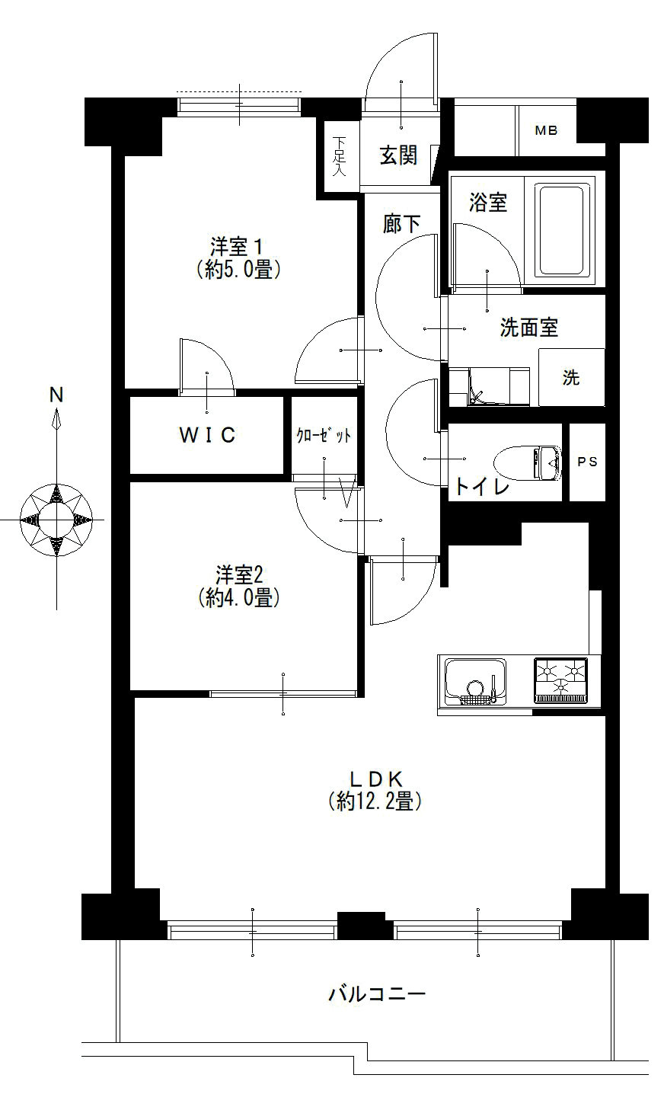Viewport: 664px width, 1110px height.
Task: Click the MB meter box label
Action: (x=546, y=130)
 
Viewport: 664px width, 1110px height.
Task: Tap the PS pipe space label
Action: (x=588, y=462)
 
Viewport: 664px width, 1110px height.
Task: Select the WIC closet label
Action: (x=207, y=434)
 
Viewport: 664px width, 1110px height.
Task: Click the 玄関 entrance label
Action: (x=398, y=155)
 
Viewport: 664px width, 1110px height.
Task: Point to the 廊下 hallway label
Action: (x=401, y=223)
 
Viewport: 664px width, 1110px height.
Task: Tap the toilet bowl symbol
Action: (x=528, y=463)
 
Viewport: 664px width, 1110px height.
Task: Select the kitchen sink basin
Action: (x=475, y=682)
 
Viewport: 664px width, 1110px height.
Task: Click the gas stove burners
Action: (x=561, y=680)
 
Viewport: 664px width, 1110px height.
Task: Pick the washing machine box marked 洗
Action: (x=571, y=377)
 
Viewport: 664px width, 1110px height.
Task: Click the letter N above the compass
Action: (x=56, y=395)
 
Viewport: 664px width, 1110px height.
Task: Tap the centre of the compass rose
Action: (x=56, y=520)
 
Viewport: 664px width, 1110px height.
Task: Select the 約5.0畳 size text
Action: (x=238, y=270)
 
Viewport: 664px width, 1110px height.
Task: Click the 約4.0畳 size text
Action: (x=238, y=597)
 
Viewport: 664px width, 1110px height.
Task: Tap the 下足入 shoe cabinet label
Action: (x=339, y=157)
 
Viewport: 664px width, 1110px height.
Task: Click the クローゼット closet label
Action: (x=324, y=436)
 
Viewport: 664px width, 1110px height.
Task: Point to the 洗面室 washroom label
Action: (x=528, y=328)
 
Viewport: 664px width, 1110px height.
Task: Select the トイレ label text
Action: (x=482, y=486)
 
